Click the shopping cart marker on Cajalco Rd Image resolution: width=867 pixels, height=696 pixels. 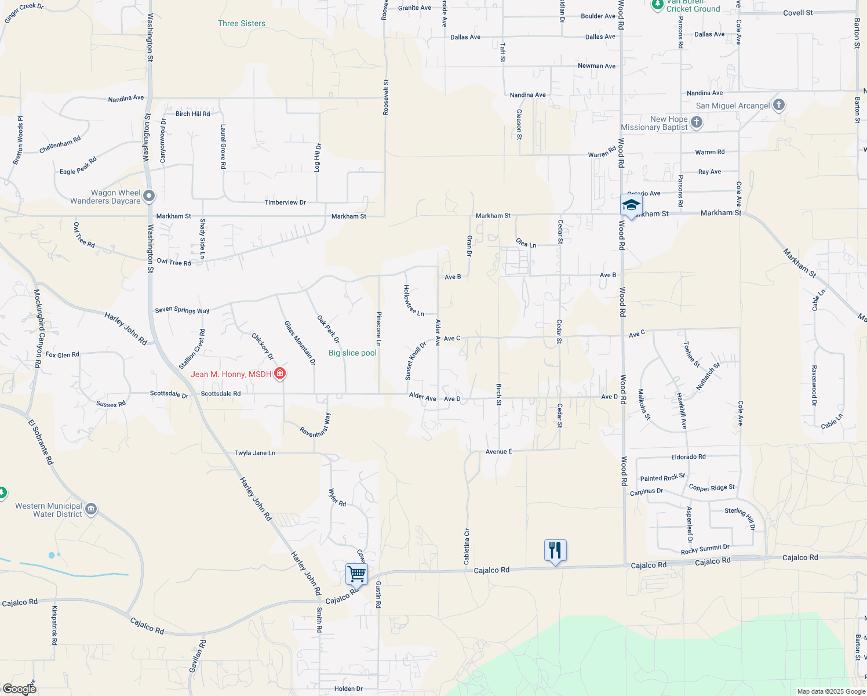tap(356, 574)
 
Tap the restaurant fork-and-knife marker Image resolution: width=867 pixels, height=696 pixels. tap(555, 550)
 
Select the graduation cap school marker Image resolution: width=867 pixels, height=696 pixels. tap(631, 205)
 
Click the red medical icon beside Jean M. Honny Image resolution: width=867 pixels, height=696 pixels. tap(280, 374)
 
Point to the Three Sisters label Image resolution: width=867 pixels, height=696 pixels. tap(242, 24)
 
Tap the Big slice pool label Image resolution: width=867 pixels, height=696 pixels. tap(352, 353)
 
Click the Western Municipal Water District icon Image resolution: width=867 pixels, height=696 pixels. tap(90, 510)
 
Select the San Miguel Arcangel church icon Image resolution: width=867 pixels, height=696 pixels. tap(779, 105)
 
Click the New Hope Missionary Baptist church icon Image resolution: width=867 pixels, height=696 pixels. tap(697, 122)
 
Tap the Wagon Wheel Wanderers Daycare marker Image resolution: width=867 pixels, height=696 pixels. tap(149, 196)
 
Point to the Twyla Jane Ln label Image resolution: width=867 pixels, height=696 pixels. tap(254, 453)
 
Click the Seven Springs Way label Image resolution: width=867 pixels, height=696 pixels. tap(182, 310)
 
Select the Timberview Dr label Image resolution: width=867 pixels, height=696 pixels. tap(285, 202)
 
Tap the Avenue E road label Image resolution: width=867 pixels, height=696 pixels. tap(498, 451)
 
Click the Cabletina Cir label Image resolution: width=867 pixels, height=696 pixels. tap(467, 546)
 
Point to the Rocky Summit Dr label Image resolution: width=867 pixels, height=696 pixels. tap(705, 549)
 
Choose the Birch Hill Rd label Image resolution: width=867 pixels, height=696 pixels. tap(192, 114)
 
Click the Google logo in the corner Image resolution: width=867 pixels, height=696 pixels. tap(19, 689)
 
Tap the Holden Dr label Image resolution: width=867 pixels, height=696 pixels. tap(348, 688)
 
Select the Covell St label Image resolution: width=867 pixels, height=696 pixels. tap(798, 13)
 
